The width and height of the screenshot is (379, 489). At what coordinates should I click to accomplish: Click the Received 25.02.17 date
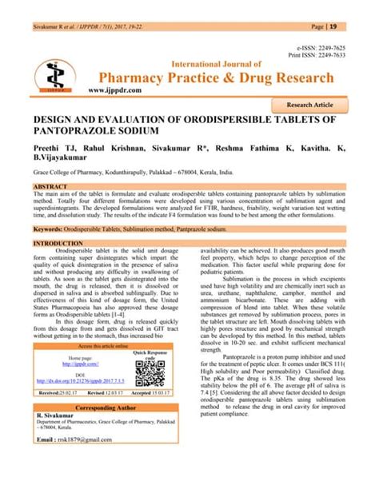[61, 392]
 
